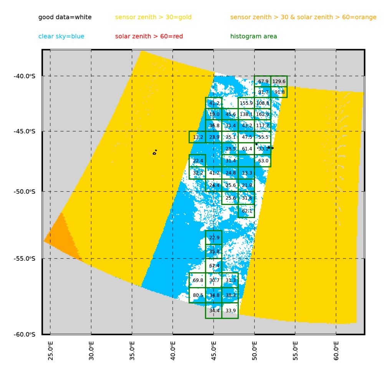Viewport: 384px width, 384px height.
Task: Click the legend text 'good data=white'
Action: click(65, 17)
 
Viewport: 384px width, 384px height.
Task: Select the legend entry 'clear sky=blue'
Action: click(61, 36)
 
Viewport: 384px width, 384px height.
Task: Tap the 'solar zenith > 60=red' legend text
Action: click(149, 36)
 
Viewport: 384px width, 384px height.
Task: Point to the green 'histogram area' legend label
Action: click(253, 36)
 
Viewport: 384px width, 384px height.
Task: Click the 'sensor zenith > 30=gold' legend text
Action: click(153, 17)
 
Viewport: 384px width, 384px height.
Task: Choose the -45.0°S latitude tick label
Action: click(24, 131)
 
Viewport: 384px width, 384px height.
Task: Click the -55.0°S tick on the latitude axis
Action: click(24, 258)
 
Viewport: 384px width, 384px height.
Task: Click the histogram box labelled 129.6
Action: click(279, 81)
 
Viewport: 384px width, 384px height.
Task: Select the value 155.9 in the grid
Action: click(246, 103)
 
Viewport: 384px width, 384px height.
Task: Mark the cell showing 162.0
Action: click(263, 114)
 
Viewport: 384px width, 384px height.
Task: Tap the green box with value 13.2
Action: click(198, 137)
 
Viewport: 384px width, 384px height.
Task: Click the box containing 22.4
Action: click(198, 161)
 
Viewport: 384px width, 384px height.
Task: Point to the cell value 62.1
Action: click(247, 211)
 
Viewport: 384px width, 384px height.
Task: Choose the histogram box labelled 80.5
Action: click(198, 295)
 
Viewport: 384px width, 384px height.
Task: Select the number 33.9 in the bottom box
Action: click(230, 311)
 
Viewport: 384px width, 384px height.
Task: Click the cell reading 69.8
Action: click(198, 280)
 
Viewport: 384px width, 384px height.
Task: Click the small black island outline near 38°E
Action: click(154, 153)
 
